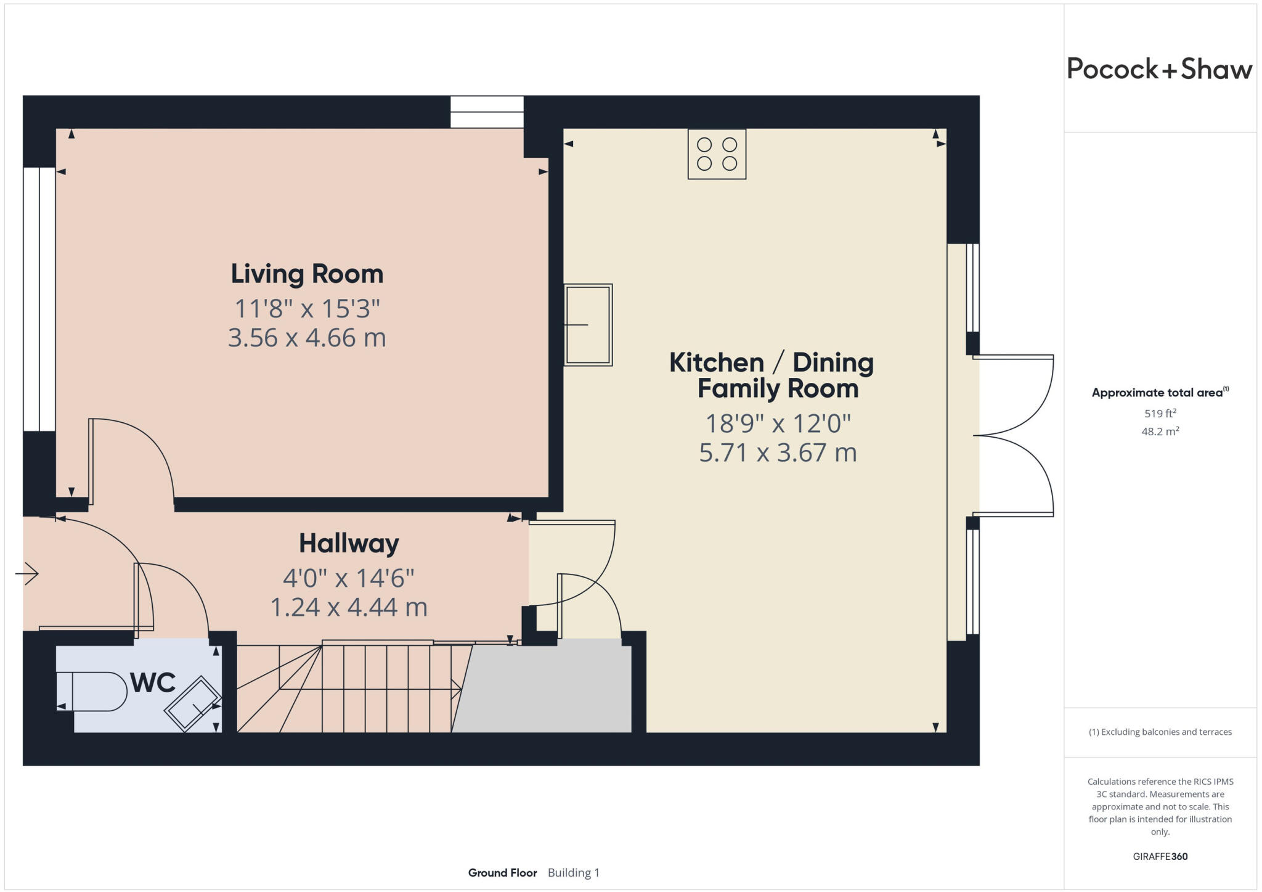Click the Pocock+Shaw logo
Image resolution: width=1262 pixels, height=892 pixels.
1159,69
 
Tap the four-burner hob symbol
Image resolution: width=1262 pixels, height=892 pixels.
717,154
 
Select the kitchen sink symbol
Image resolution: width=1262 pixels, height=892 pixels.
588,325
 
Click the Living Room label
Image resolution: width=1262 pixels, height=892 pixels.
307,274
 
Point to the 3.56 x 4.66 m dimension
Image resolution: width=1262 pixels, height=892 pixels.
307,338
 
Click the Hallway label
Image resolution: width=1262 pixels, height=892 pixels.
349,543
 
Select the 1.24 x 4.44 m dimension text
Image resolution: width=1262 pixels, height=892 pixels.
349,607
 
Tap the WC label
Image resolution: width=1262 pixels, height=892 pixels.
153,683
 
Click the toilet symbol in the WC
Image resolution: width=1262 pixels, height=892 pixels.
92,692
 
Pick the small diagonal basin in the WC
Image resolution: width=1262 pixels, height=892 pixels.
193,704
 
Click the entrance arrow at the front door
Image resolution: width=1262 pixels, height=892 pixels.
27,574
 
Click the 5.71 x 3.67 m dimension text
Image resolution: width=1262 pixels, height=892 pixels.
778,452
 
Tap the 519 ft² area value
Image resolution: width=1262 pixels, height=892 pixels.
1160,413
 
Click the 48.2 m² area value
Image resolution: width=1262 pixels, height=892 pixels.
1160,432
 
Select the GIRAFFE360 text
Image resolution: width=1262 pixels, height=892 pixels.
1160,856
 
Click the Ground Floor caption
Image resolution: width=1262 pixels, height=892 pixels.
502,873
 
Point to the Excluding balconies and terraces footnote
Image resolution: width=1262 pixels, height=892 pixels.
1160,732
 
